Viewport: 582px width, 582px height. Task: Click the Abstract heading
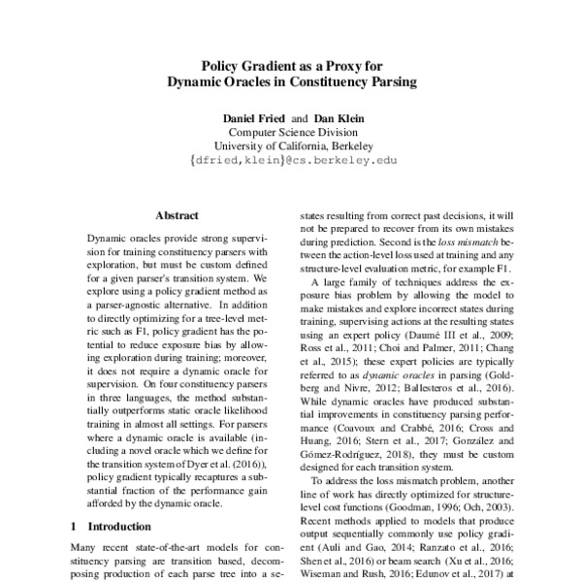click(x=177, y=215)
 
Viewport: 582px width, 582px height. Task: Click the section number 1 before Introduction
click(x=76, y=525)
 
